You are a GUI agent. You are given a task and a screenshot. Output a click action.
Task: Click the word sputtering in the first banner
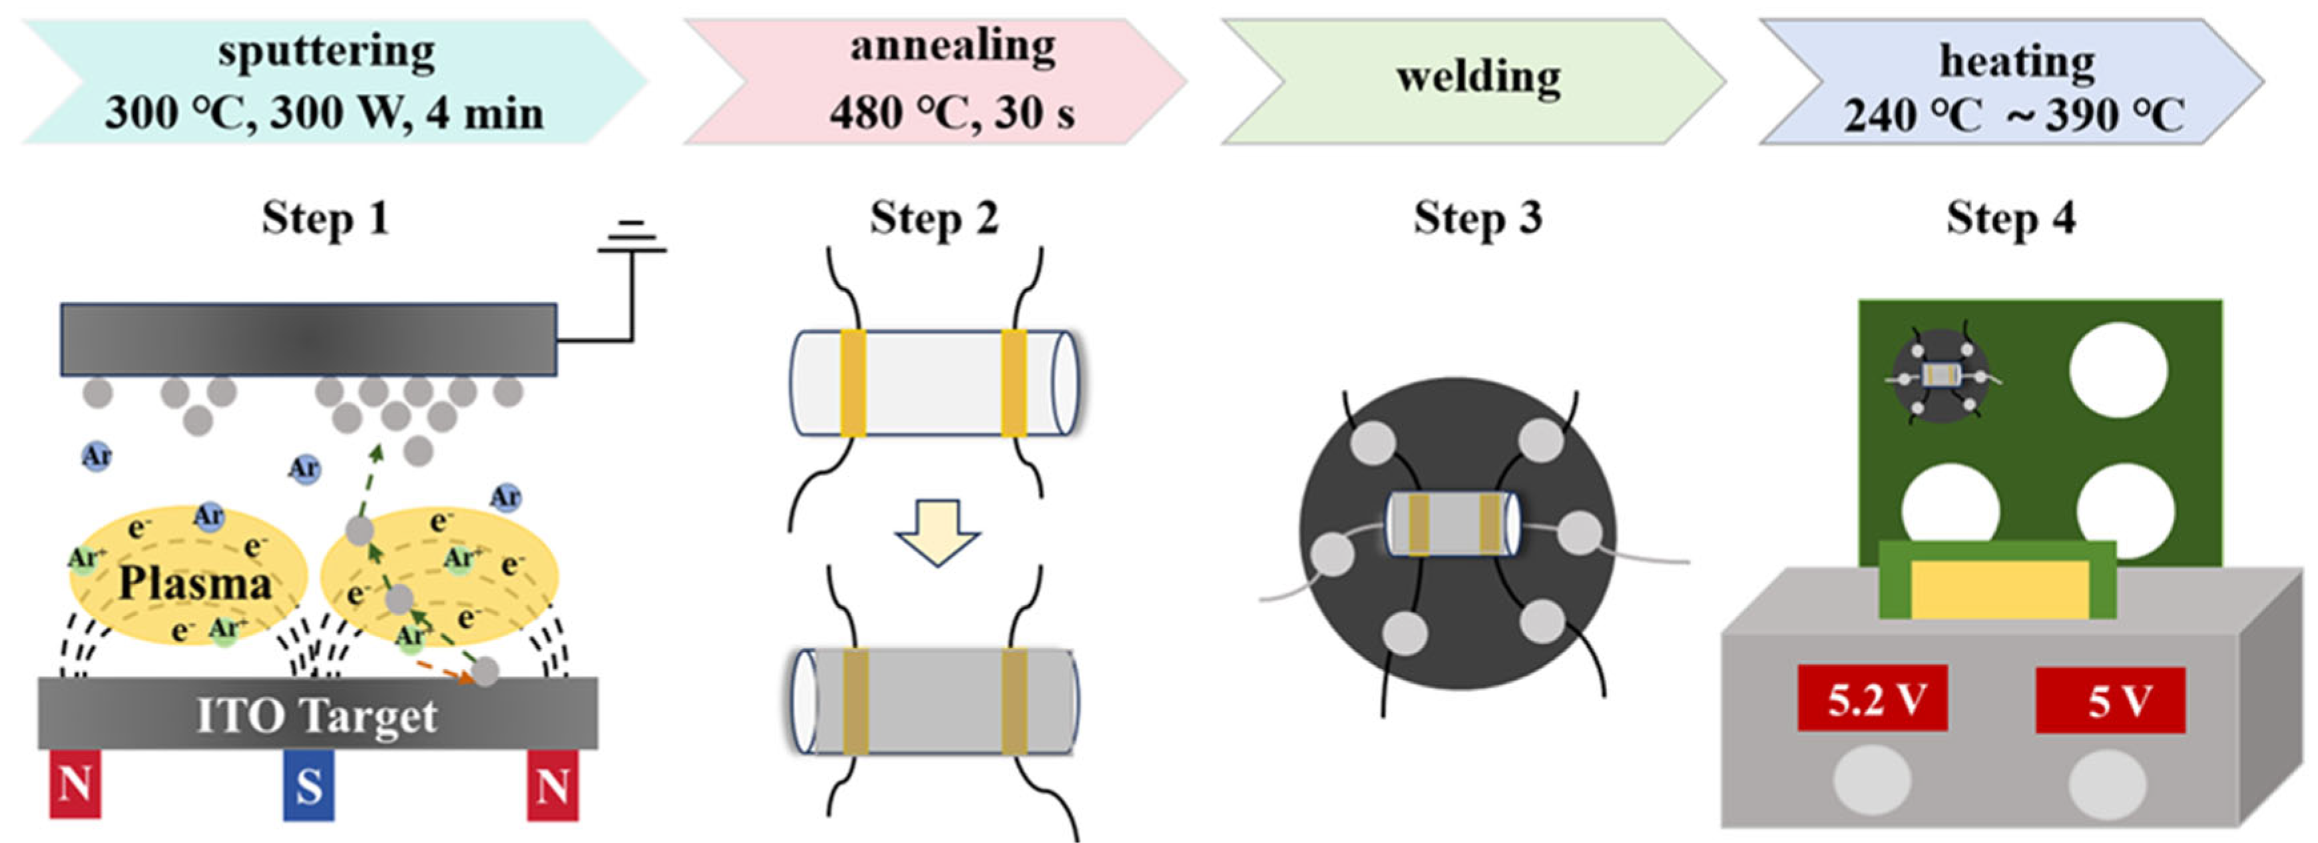tap(326, 52)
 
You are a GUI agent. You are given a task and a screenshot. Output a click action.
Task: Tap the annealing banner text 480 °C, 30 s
tap(952, 113)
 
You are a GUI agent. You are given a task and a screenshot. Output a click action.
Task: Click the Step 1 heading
tap(326, 218)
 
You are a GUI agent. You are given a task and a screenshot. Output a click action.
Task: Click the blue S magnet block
tap(309, 786)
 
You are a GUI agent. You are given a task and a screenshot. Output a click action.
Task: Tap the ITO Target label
tap(317, 716)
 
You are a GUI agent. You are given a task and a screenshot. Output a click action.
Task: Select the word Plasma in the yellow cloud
tap(194, 583)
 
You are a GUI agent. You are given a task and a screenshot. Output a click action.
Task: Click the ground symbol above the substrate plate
tap(632, 238)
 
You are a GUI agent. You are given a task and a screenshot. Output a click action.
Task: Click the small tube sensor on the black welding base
tap(1453, 523)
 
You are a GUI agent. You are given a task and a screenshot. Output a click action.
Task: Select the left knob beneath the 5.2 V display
tap(1872, 781)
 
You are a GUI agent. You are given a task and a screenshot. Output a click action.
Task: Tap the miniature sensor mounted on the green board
tap(1940, 375)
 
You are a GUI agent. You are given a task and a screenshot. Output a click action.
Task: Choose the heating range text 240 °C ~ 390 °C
tap(2014, 115)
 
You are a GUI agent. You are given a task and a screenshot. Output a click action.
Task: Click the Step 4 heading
tap(2010, 218)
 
